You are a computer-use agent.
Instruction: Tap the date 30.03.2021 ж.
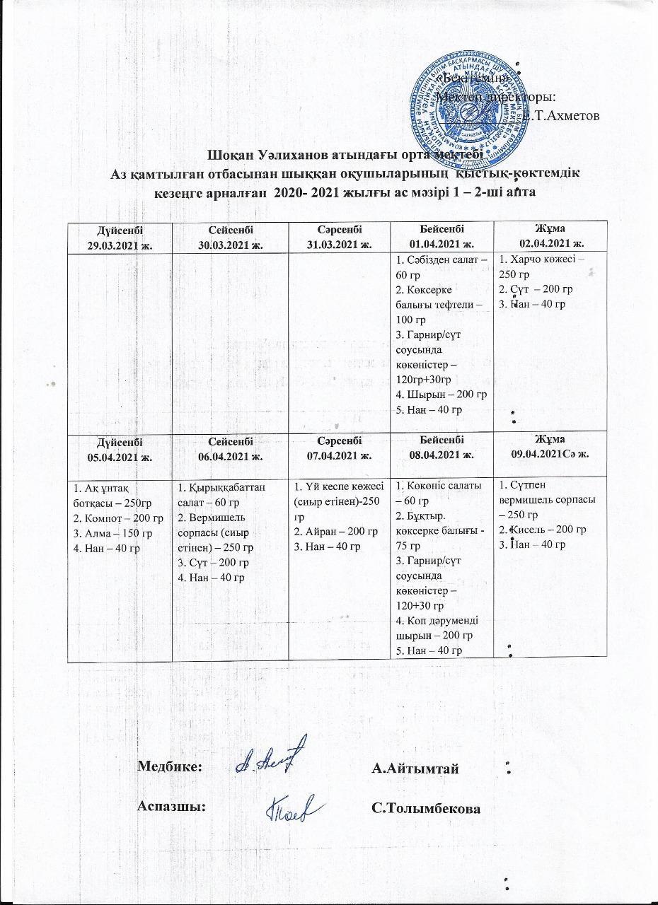point(231,244)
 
